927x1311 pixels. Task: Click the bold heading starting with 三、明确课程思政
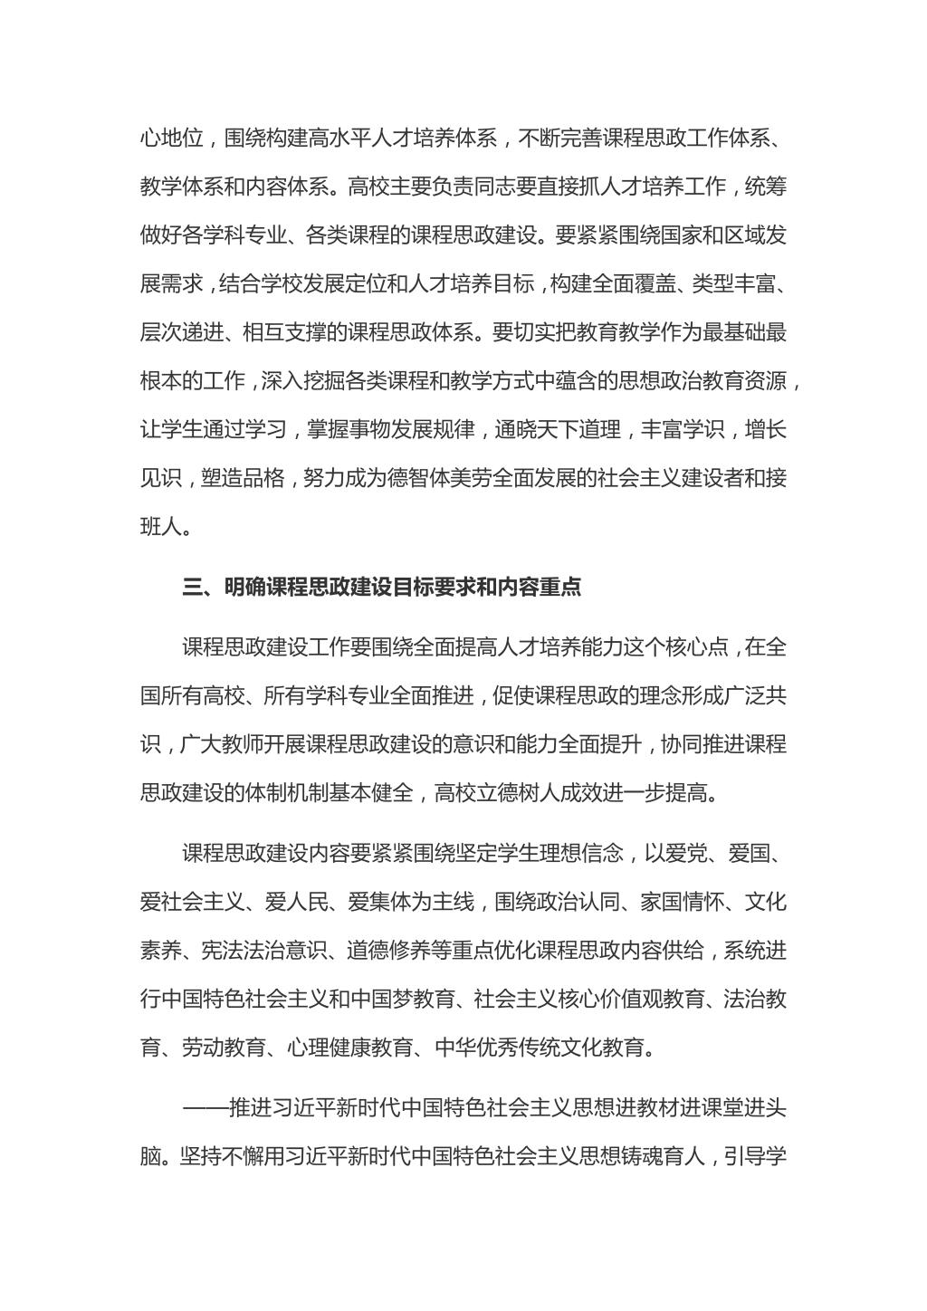381,588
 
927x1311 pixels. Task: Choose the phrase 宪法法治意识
254,951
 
